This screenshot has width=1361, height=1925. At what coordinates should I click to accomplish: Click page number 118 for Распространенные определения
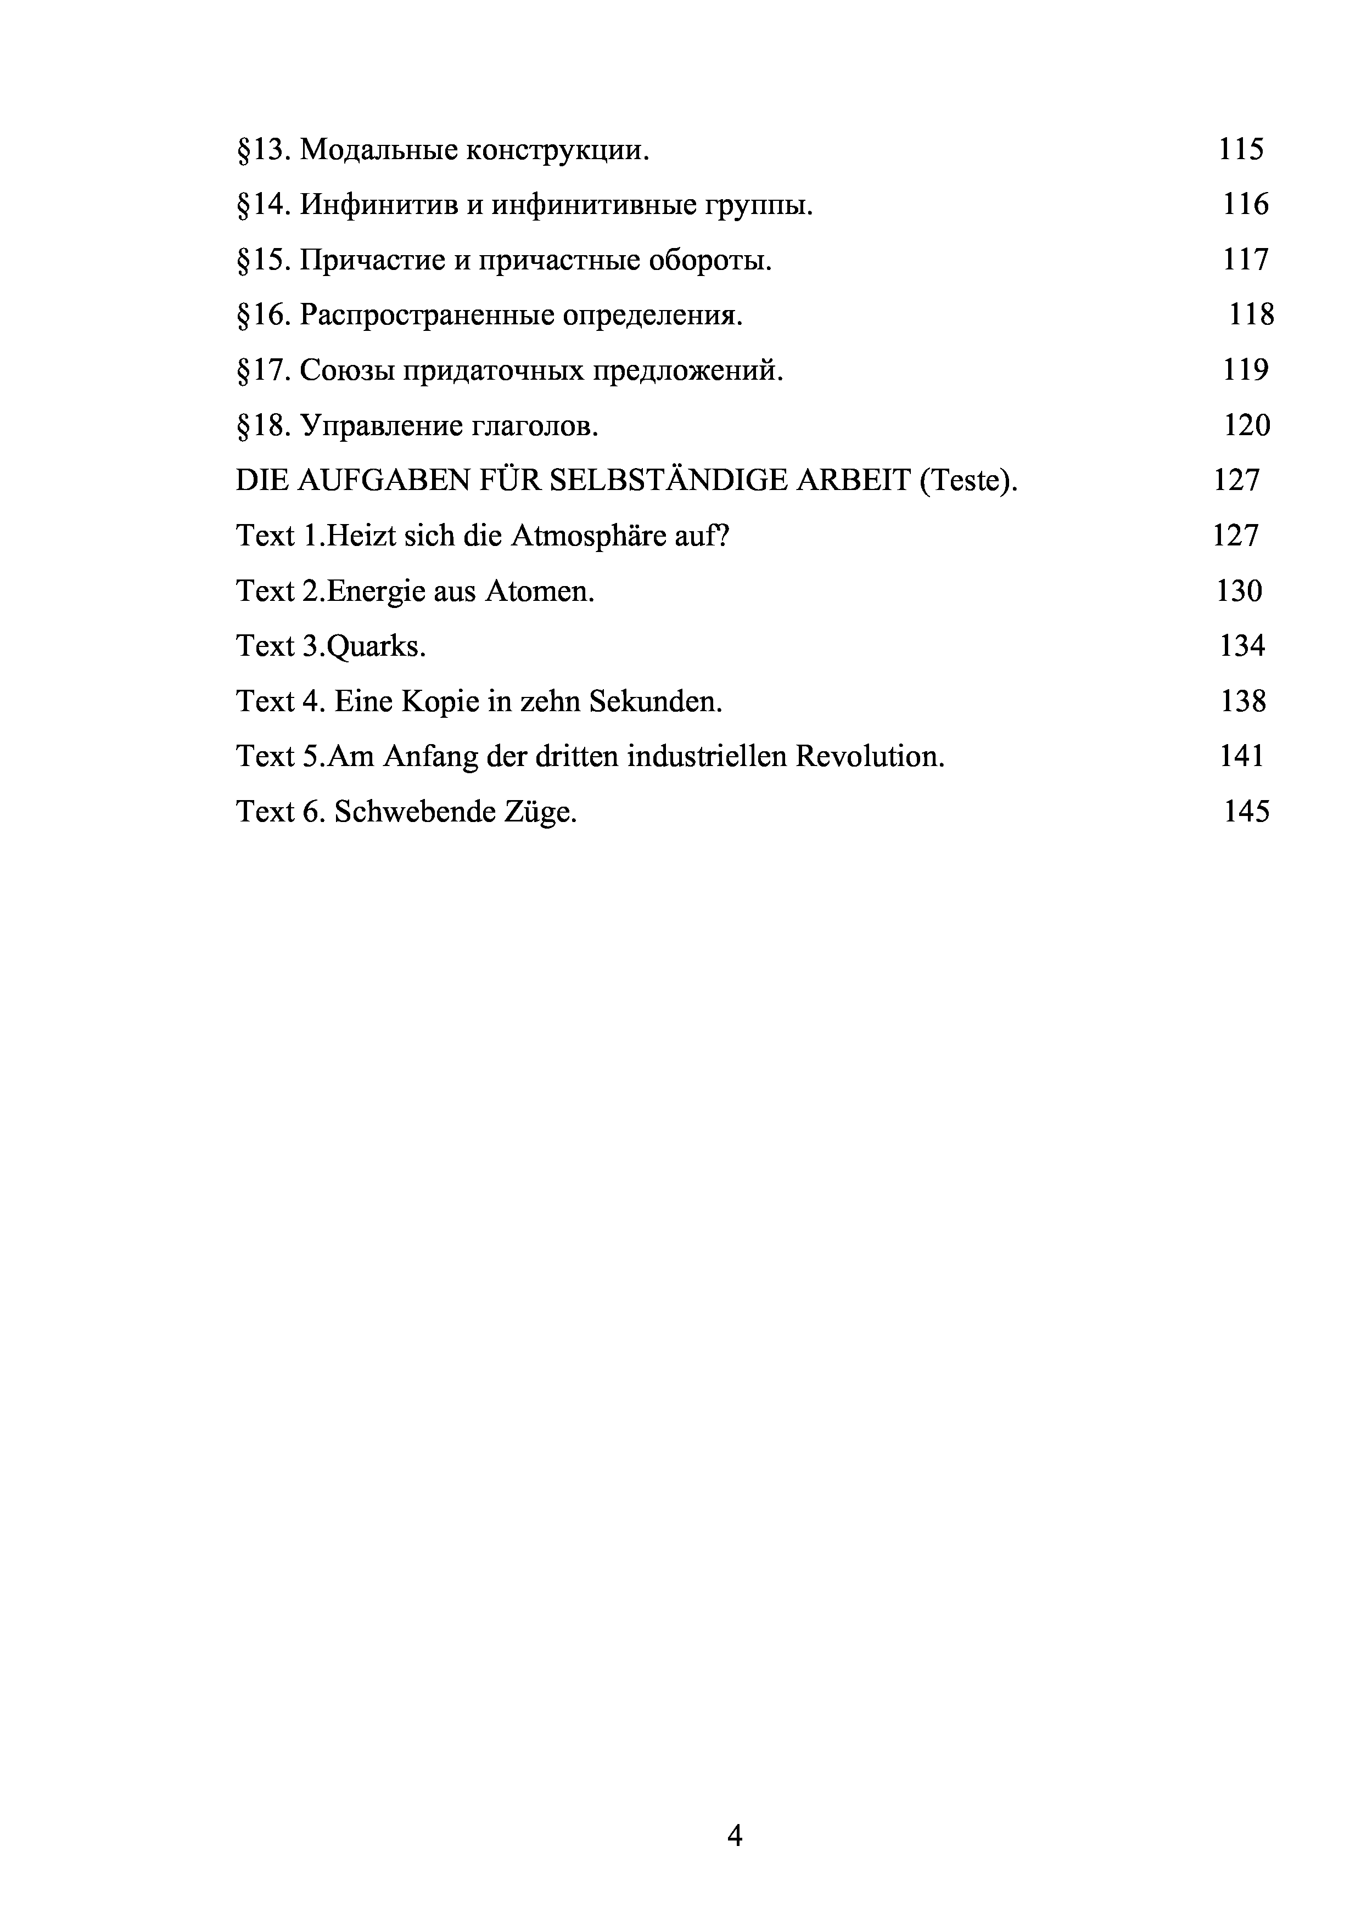[1251, 314]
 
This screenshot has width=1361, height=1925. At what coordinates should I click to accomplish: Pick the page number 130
[1239, 591]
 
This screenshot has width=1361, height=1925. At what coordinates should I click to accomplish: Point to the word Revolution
[870, 756]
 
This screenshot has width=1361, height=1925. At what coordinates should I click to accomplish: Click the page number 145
[1246, 812]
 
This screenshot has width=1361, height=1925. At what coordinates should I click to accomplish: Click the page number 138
[1243, 701]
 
